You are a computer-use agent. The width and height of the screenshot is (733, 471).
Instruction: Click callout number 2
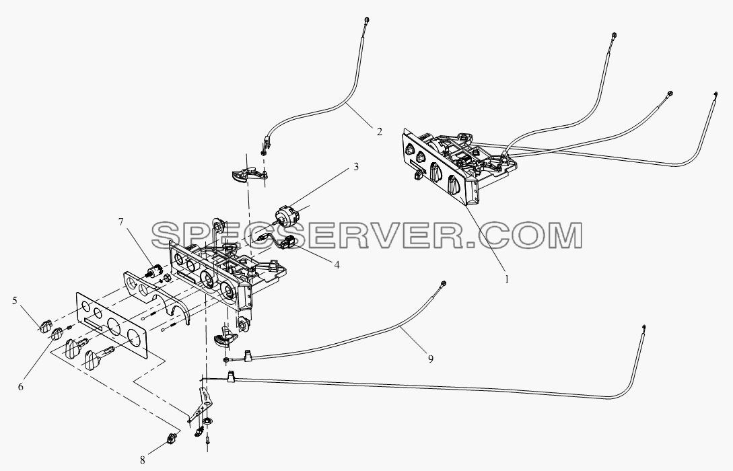click(379, 132)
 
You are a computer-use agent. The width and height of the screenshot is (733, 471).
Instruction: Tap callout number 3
click(356, 167)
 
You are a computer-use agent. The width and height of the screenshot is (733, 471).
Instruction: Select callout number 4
click(337, 265)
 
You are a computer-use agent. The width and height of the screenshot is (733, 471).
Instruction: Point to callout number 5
click(15, 301)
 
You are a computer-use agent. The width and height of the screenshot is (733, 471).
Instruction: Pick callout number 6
click(21, 386)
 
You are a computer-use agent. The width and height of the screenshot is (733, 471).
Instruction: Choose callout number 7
click(121, 221)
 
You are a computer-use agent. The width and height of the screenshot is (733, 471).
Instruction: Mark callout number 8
click(143, 460)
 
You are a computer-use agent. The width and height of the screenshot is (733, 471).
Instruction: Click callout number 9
click(431, 359)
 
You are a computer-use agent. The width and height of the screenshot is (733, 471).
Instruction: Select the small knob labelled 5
click(45, 326)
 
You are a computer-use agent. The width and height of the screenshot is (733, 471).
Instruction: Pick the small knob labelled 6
click(57, 334)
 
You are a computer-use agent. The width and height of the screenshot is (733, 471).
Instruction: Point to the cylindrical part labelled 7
click(153, 271)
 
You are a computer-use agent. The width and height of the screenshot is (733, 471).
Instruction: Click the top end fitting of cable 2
click(367, 20)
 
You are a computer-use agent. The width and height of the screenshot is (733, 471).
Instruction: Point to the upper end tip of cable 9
click(443, 283)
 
